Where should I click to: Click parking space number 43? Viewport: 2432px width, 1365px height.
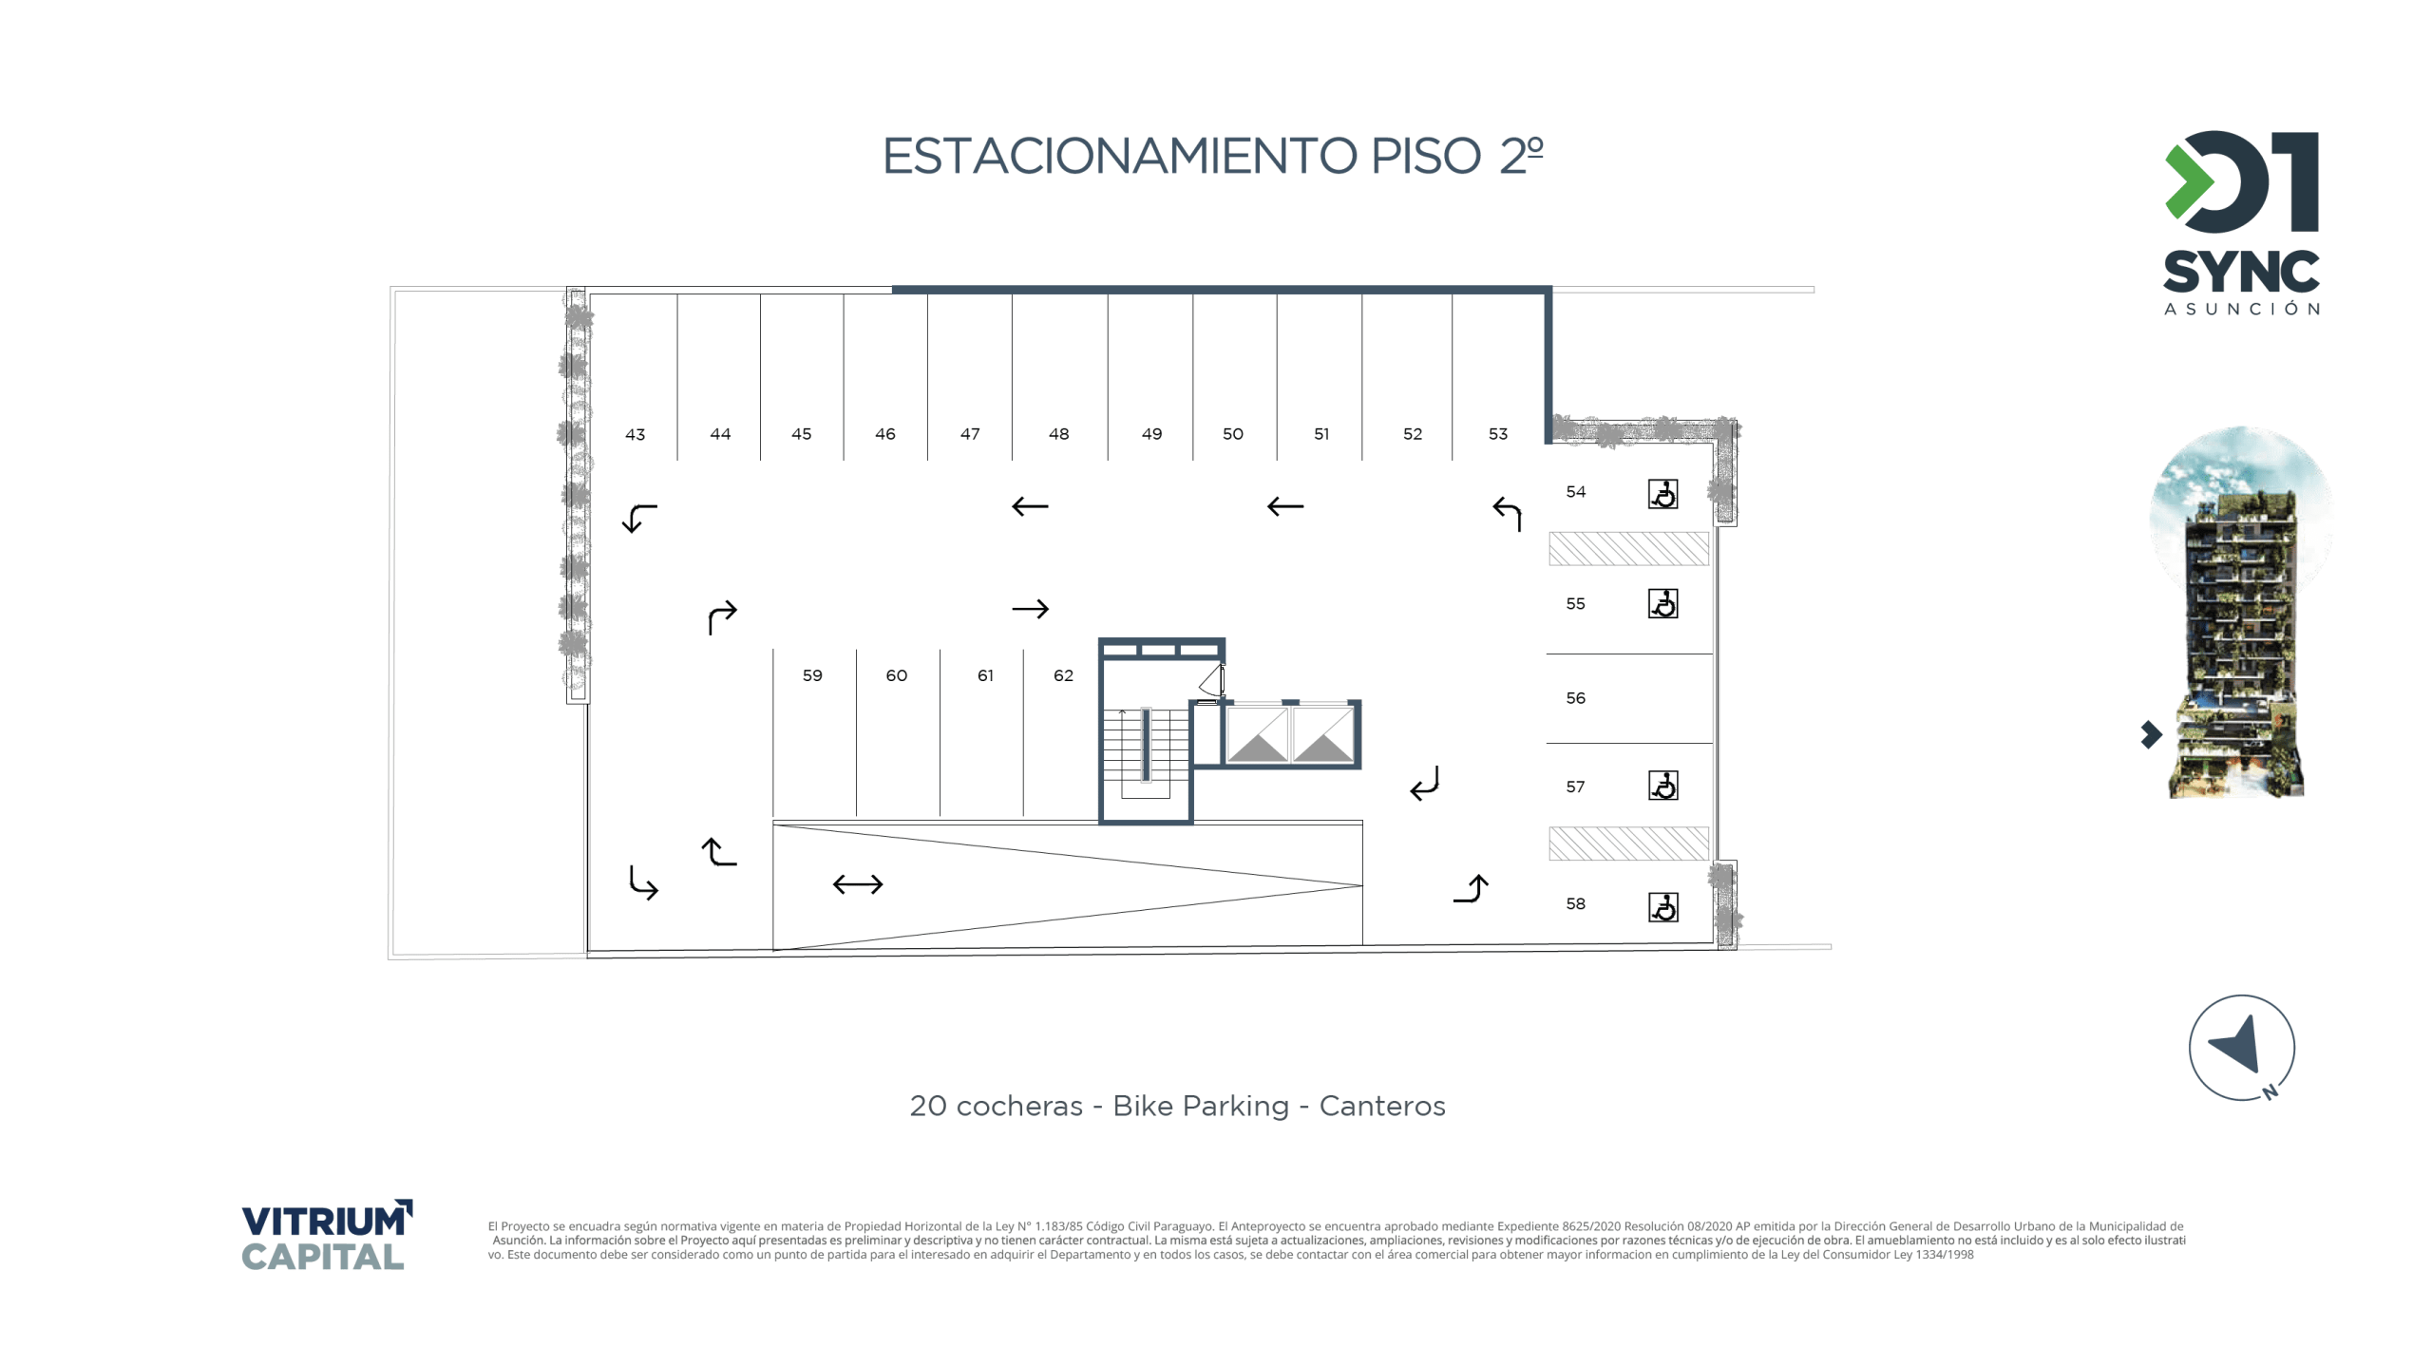point(635,434)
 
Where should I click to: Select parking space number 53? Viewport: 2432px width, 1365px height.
point(1497,433)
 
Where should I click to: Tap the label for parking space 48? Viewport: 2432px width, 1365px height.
point(1058,433)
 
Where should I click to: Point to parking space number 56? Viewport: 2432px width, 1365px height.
point(1575,697)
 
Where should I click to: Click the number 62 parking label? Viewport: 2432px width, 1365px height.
point(1063,674)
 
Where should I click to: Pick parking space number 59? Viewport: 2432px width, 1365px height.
point(812,674)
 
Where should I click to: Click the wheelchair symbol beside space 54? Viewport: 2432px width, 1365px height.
point(1662,493)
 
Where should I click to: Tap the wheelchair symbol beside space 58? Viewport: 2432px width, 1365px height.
point(1662,906)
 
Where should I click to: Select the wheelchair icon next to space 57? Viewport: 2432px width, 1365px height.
point(1662,785)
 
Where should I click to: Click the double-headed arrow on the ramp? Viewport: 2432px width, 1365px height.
point(858,884)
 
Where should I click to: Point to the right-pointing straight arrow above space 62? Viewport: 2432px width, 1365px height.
point(1031,608)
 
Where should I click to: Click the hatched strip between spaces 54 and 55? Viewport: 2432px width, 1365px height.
point(1628,548)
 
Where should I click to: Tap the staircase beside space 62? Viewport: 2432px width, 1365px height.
point(1145,751)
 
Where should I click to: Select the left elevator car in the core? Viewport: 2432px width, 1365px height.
point(1256,733)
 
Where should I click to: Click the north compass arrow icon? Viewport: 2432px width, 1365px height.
point(2241,1047)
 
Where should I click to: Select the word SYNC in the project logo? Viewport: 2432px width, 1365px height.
point(2241,273)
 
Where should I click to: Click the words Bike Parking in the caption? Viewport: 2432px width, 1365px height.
point(1201,1106)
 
